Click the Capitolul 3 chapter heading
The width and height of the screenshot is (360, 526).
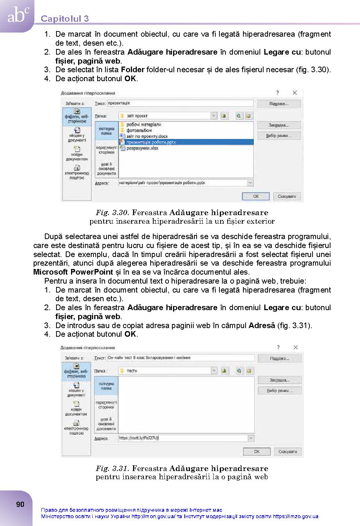tap(65, 19)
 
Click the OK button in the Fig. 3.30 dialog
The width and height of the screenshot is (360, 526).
tap(256, 196)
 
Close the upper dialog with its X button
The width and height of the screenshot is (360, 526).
tap(295, 93)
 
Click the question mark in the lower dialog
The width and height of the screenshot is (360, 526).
tap(278, 348)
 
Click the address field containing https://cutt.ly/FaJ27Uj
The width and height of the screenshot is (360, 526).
tap(183, 438)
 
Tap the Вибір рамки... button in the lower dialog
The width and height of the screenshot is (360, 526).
tap(279, 391)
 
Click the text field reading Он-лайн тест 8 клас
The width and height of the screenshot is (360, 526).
tap(181, 358)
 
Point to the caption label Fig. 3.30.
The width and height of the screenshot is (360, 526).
tap(112, 213)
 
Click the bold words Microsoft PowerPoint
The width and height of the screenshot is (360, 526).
tap(73, 272)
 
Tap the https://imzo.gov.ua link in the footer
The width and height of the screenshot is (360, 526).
tap(295, 517)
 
